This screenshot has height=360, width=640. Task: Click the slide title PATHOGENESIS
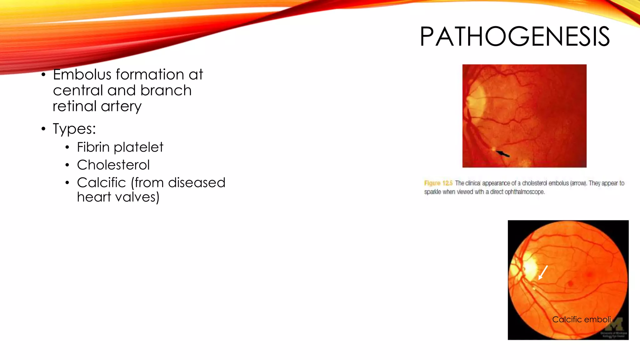514,37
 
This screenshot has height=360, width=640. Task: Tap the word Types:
74,129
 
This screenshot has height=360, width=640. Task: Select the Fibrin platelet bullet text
120,147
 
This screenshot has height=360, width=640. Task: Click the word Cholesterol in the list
113,165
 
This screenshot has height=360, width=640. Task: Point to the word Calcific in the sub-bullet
101,182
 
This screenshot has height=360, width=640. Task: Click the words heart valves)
118,197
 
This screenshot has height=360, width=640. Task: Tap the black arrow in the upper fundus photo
503,154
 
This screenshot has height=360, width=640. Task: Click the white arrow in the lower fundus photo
543,272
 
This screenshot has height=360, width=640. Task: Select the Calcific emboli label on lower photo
581,319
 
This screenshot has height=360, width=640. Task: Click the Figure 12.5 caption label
438,183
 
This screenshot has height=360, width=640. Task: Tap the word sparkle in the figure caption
432,192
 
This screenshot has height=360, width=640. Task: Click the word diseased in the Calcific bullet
197,182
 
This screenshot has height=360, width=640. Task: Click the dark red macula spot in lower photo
571,284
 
